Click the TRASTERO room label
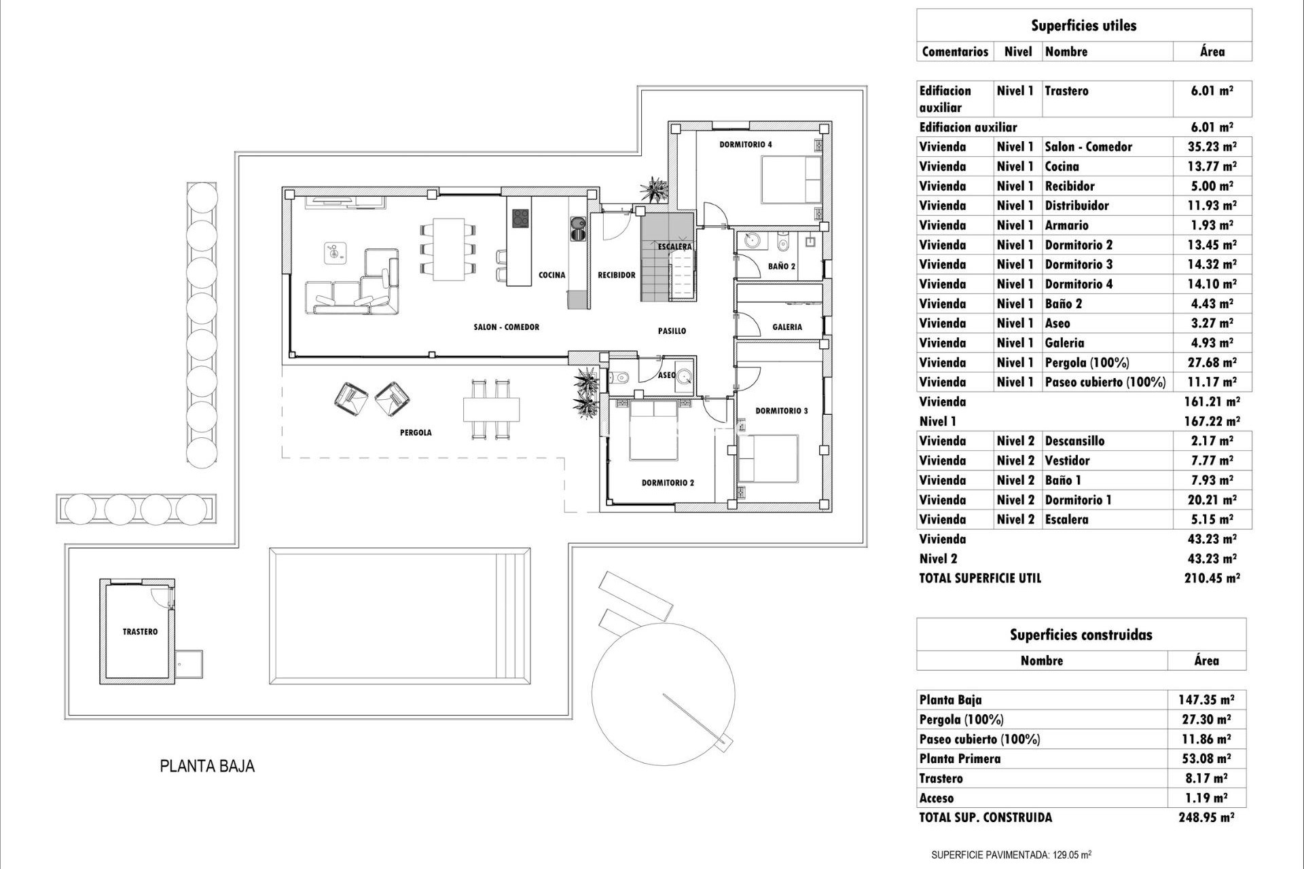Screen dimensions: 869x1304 (x=140, y=631)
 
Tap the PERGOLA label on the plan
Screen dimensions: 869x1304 (x=416, y=432)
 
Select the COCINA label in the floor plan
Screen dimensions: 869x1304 (x=551, y=275)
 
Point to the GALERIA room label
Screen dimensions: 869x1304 (x=787, y=327)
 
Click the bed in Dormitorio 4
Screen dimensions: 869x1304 (x=791, y=179)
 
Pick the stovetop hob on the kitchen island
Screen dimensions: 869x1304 (x=520, y=219)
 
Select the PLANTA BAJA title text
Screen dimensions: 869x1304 (x=207, y=766)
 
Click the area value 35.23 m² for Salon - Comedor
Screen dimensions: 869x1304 (x=1212, y=147)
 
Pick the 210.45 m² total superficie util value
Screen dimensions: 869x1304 (x=1212, y=578)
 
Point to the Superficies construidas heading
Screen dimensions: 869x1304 (x=1081, y=635)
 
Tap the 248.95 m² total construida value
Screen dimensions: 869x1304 (x=1206, y=818)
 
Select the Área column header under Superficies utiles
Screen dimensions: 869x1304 (x=1212, y=52)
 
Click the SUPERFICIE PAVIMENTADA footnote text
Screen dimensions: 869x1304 (x=1011, y=855)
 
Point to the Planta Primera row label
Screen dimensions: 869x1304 (x=960, y=759)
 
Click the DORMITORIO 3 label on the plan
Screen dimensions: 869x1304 (x=782, y=411)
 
